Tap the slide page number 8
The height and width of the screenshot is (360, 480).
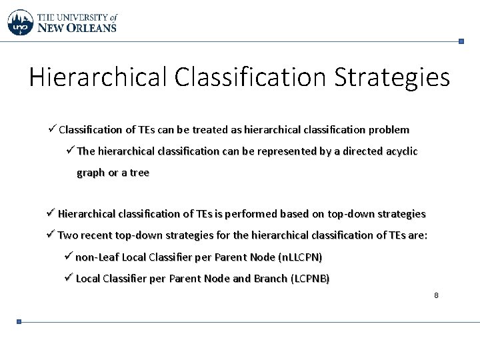tap(435, 295)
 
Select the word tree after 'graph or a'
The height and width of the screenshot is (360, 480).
tap(140, 173)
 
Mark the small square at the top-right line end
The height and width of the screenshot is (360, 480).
tap(461, 41)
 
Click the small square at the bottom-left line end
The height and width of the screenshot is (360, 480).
tap(19, 321)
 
